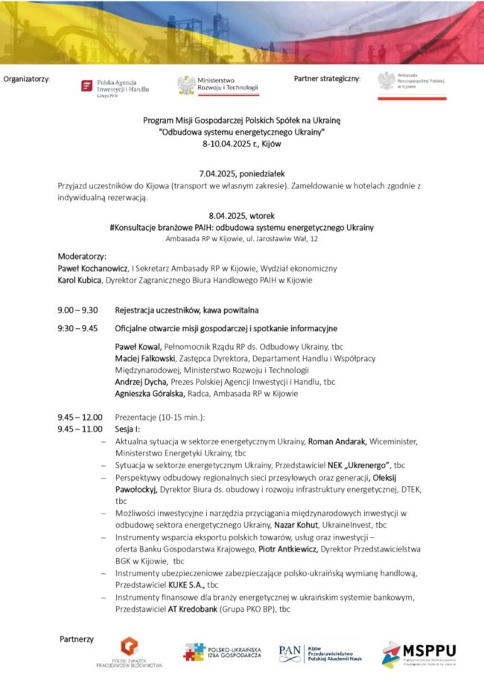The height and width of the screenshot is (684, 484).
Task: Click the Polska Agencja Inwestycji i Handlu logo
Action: coord(116,87)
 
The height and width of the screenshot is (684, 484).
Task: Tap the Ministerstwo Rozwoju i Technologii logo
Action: coord(217,86)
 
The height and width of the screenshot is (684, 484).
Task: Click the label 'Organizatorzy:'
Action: coord(27,79)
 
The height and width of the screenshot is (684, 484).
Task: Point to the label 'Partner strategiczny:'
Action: coord(327,78)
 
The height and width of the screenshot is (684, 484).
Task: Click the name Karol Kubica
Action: coord(80,281)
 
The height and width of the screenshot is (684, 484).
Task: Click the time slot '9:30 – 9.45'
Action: coord(77,328)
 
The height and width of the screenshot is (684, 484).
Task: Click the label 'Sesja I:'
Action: coord(127,429)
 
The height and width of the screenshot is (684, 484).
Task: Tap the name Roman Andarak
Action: coord(334,441)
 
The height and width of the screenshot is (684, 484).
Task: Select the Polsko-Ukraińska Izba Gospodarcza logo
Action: coord(224,652)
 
